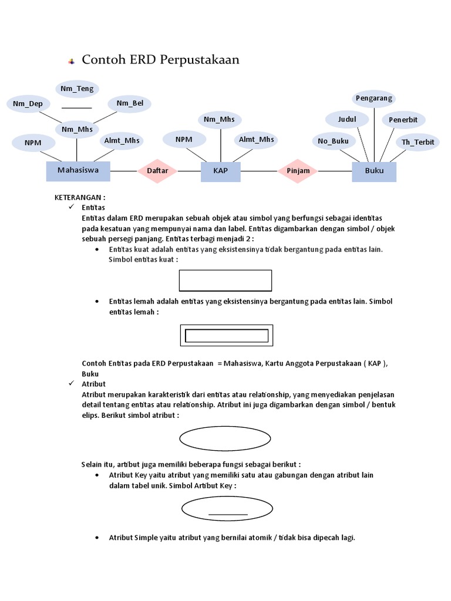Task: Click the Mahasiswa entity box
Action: click(x=78, y=171)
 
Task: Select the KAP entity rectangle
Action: click(x=221, y=171)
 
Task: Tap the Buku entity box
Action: click(x=374, y=171)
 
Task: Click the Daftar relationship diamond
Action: click(x=157, y=171)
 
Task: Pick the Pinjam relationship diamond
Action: click(x=298, y=171)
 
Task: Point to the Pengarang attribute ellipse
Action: click(x=373, y=99)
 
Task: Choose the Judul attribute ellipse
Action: click(x=347, y=120)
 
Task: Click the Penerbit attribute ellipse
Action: click(x=403, y=120)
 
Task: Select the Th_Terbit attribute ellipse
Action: click(x=418, y=142)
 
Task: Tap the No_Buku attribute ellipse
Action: click(x=333, y=141)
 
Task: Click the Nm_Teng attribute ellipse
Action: click(x=77, y=89)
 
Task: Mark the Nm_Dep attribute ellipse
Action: click(x=28, y=104)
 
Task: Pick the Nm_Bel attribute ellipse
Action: click(x=130, y=104)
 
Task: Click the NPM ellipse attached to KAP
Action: click(x=184, y=140)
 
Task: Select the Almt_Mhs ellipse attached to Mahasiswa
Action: click(x=122, y=140)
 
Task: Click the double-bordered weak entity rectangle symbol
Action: click(x=226, y=336)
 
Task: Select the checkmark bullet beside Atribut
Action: click(x=72, y=384)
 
